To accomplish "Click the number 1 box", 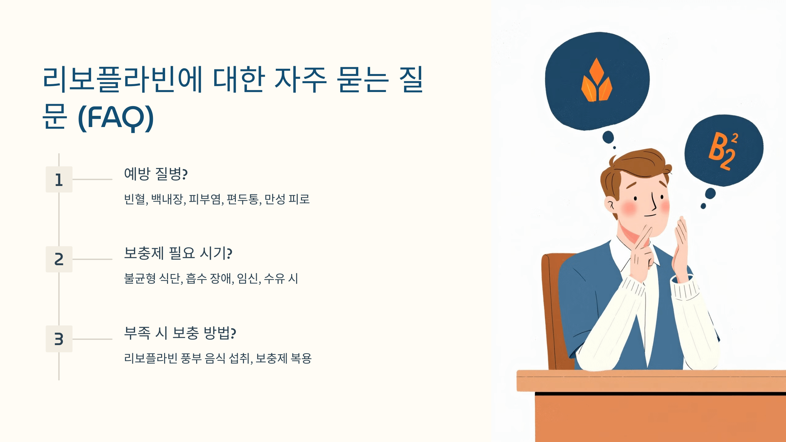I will [x=59, y=179].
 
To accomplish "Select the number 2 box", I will [x=59, y=259].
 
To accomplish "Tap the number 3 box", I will [x=59, y=339].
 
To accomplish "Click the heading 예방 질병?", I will [x=156, y=174].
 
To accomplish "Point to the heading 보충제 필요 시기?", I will [x=178, y=253].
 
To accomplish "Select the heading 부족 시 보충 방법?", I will [x=180, y=333].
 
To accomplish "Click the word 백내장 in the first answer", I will [x=167, y=199].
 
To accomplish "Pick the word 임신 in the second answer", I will [x=248, y=279].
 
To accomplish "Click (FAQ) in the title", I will [x=116, y=118].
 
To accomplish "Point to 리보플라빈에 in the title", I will [x=122, y=79].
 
